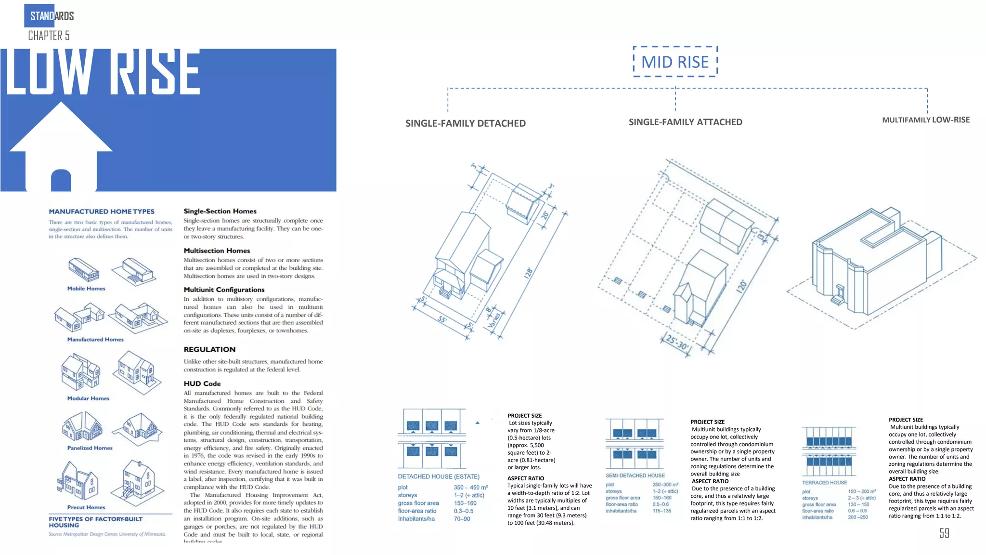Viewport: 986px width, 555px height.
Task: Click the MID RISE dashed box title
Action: [x=675, y=62]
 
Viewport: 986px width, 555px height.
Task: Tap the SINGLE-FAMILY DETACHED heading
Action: [x=465, y=123]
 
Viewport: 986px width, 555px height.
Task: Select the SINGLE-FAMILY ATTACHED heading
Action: [x=685, y=122]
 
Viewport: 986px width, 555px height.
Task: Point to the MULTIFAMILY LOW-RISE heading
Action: [x=925, y=120]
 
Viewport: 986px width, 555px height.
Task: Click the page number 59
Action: [x=944, y=533]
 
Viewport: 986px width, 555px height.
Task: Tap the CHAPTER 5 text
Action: [x=49, y=36]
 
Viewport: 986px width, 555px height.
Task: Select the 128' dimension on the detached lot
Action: [x=529, y=273]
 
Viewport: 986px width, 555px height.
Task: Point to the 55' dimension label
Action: [x=442, y=319]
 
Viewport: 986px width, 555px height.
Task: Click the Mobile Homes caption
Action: [x=86, y=289]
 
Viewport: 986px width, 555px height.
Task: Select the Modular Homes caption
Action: [x=88, y=398]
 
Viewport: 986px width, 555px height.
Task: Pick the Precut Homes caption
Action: [x=86, y=507]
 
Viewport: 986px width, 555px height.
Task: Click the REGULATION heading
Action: [x=209, y=349]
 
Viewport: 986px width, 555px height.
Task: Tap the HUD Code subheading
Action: [x=202, y=383]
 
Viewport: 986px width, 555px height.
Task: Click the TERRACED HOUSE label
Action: [x=824, y=482]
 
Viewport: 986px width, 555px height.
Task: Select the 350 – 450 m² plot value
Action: [x=470, y=488]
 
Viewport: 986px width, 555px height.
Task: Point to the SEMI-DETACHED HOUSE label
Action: [x=635, y=476]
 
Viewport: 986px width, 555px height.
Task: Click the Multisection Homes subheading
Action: [x=217, y=251]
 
